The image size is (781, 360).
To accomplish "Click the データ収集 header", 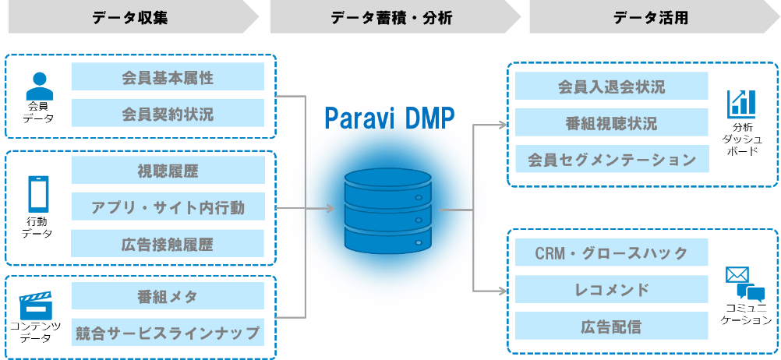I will click(x=129, y=16).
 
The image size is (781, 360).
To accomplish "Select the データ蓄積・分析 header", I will click(x=391, y=16).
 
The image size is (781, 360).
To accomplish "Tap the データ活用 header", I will click(x=651, y=16).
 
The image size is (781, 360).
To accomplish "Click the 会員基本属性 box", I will click(x=168, y=77).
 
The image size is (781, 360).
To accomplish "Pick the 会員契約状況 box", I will click(x=168, y=114).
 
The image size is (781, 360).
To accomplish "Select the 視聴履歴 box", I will click(x=168, y=171).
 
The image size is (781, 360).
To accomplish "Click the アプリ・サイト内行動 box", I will click(x=168, y=208).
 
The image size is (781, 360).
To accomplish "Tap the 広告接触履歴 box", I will click(x=168, y=245).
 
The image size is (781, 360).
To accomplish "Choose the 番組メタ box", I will click(x=168, y=297).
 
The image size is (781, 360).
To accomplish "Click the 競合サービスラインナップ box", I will click(x=168, y=333).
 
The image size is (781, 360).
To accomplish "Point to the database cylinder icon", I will click(x=387, y=209).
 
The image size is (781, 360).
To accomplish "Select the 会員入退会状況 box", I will click(x=612, y=86).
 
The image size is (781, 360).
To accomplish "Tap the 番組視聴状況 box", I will click(x=612, y=123).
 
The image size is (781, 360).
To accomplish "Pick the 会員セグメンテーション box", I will click(x=612, y=160).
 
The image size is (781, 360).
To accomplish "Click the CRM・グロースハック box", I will click(x=612, y=253).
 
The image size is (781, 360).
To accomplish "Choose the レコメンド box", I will click(x=612, y=290).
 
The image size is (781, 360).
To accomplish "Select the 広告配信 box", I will click(x=612, y=326).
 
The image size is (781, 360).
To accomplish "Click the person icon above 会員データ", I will click(x=38, y=83).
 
